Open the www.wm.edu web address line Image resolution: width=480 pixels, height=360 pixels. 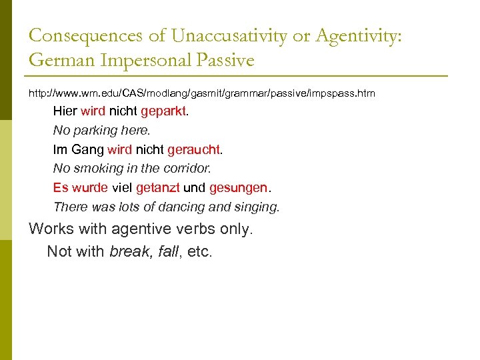[x=202, y=94]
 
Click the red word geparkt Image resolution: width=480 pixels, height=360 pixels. [x=164, y=111]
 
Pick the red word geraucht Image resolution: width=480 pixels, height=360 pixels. [x=193, y=150]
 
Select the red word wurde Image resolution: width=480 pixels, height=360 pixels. [x=89, y=188]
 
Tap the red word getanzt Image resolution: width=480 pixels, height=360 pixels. [x=158, y=188]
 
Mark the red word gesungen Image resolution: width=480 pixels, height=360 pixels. [x=238, y=188]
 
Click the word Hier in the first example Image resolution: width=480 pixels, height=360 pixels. [x=65, y=111]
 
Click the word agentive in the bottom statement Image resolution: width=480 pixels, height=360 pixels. [x=142, y=229]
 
